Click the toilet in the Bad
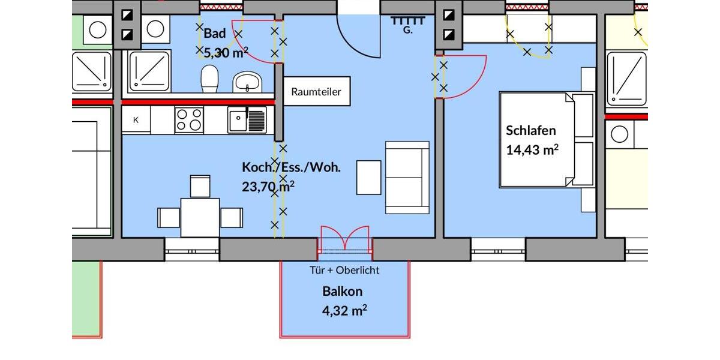(x=209, y=79)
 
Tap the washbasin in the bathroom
(x=247, y=82)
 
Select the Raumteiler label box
(x=316, y=92)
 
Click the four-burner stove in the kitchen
(x=189, y=119)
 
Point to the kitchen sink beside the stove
(x=247, y=119)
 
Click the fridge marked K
(x=136, y=120)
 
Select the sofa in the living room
(x=407, y=178)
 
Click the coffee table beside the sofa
(x=368, y=178)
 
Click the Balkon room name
(x=342, y=292)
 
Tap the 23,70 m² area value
(x=268, y=187)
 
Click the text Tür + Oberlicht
(x=344, y=271)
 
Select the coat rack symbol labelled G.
(x=408, y=23)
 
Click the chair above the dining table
(x=200, y=186)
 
